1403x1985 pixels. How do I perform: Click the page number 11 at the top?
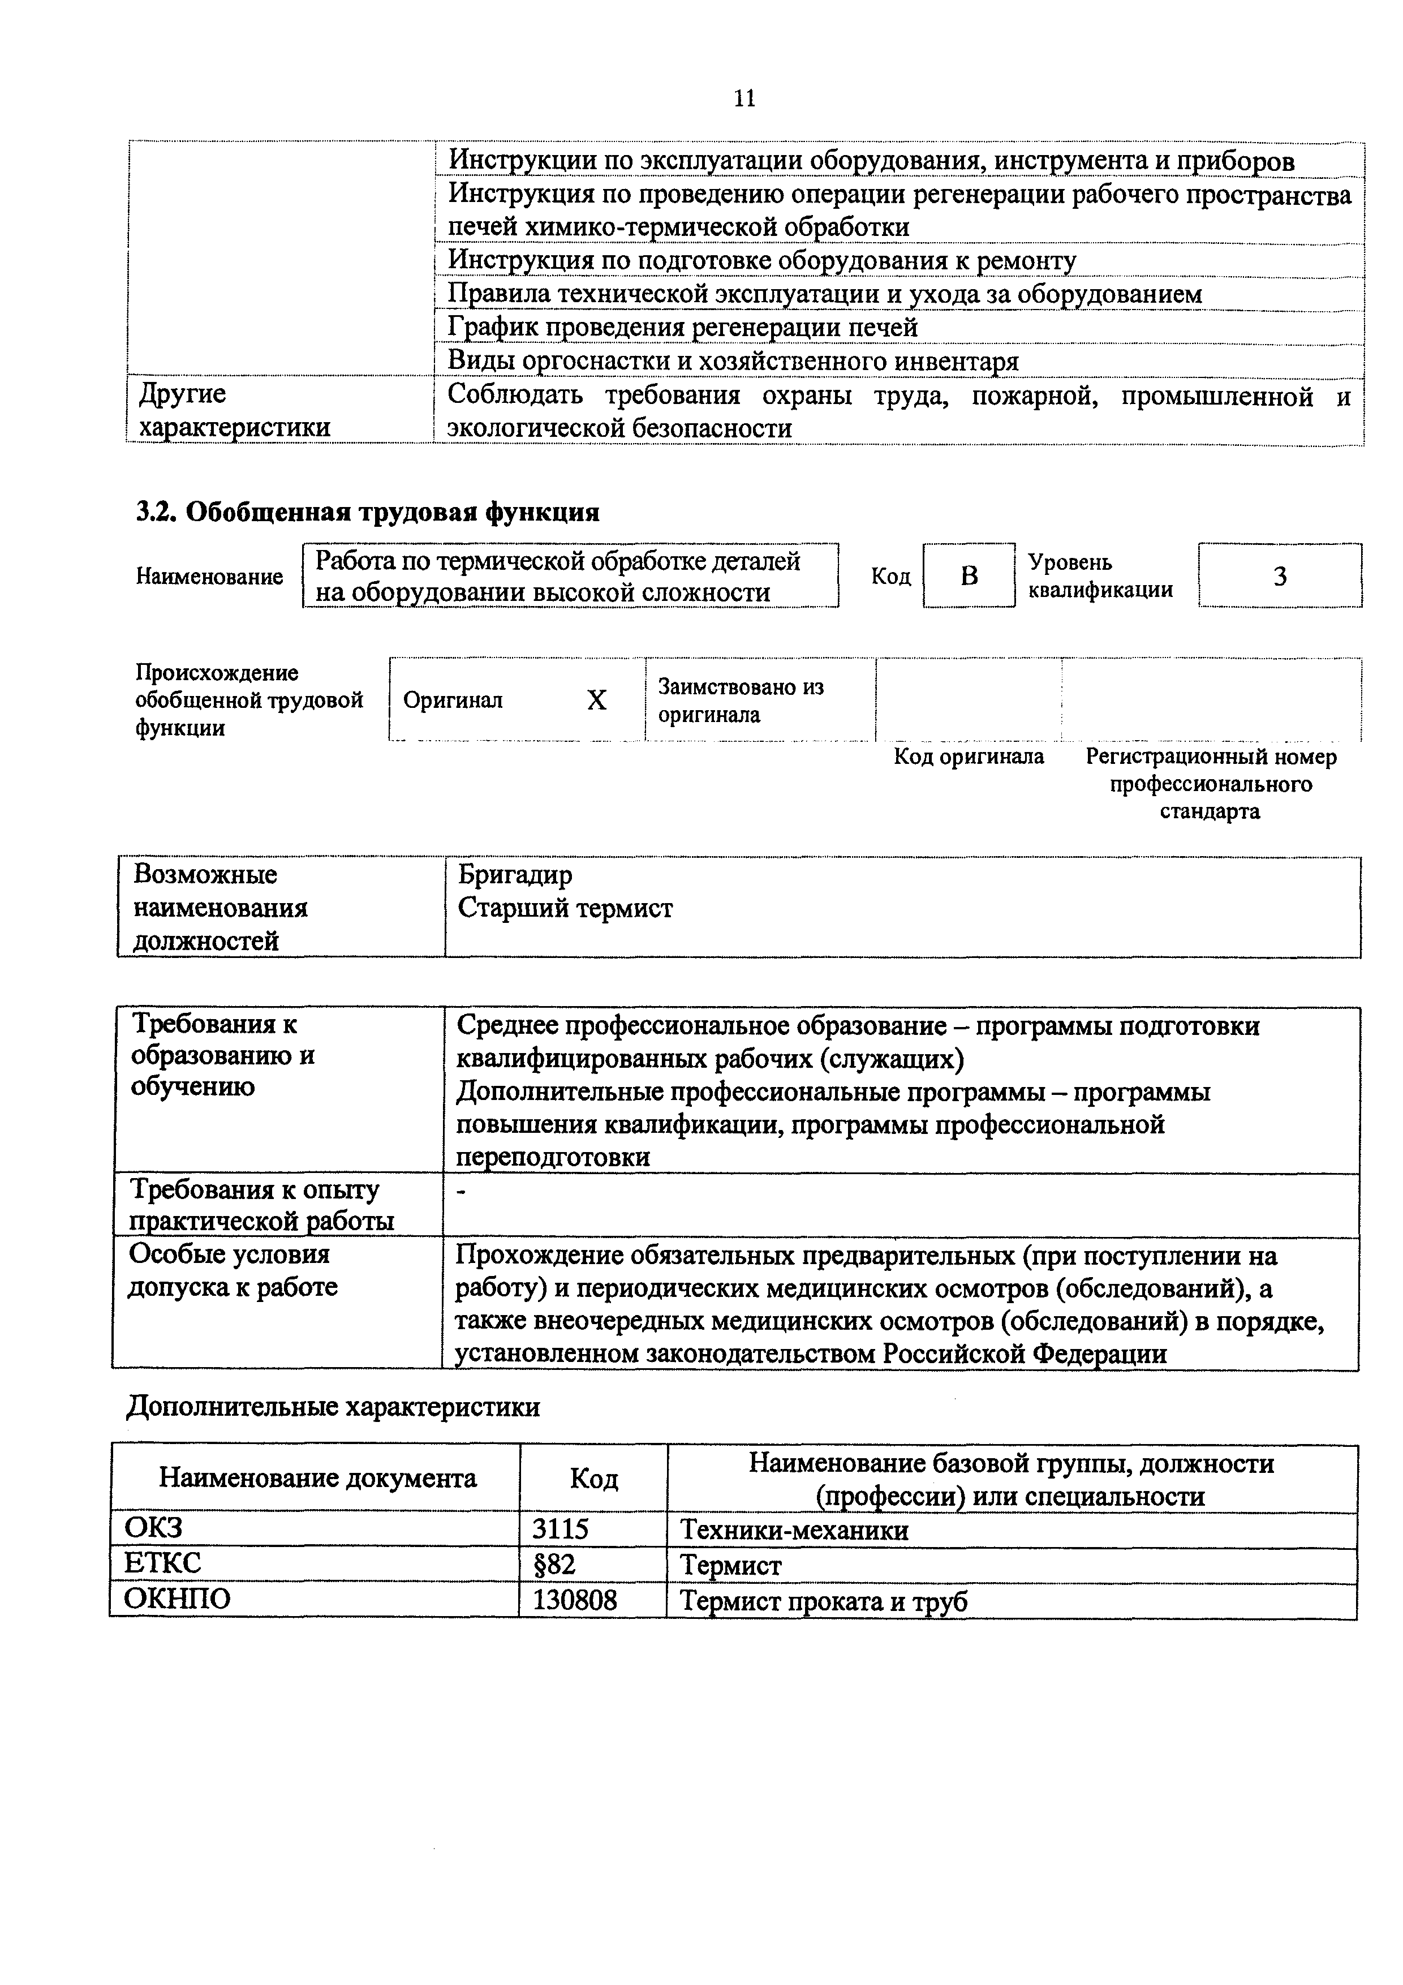744,98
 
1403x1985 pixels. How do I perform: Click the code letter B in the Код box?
969,576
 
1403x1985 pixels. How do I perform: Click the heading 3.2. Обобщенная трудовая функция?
367,512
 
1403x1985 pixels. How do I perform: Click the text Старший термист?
565,908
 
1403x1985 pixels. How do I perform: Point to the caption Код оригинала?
968,757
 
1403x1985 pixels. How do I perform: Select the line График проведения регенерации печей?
682,328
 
